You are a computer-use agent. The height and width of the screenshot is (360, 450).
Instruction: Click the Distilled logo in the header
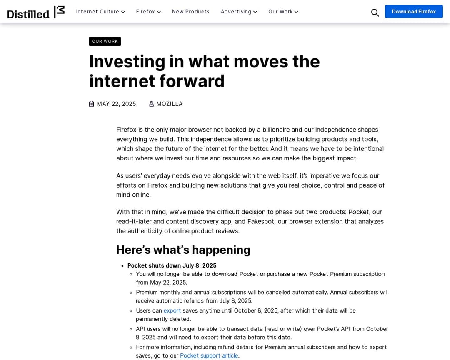tap(36, 12)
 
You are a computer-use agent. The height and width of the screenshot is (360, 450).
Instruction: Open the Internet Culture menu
tap(100, 12)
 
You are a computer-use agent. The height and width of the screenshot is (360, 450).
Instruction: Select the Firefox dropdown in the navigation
tap(148, 12)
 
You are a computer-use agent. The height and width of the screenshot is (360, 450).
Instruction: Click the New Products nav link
tap(190, 12)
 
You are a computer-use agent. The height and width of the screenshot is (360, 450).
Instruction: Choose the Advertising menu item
tap(239, 12)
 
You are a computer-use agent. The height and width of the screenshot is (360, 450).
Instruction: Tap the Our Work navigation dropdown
tap(283, 12)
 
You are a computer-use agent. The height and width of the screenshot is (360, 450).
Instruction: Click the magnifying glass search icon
tap(375, 12)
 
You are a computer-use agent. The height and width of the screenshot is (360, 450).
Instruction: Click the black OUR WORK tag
tap(105, 41)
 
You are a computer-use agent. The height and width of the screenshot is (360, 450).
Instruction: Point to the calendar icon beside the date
tap(92, 104)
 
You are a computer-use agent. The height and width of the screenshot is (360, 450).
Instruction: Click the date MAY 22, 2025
tap(116, 104)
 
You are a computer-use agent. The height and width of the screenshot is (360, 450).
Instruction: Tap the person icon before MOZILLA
tap(152, 104)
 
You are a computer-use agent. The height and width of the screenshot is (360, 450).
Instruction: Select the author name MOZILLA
tap(169, 104)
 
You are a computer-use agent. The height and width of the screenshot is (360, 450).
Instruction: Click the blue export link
tap(172, 310)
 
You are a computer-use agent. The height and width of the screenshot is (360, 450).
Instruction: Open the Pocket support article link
tap(209, 355)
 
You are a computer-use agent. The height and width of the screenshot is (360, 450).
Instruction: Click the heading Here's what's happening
tap(183, 250)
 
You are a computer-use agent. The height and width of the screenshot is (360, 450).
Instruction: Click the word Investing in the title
tap(127, 62)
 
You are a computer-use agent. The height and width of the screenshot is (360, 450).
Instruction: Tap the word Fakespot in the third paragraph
tap(260, 221)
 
